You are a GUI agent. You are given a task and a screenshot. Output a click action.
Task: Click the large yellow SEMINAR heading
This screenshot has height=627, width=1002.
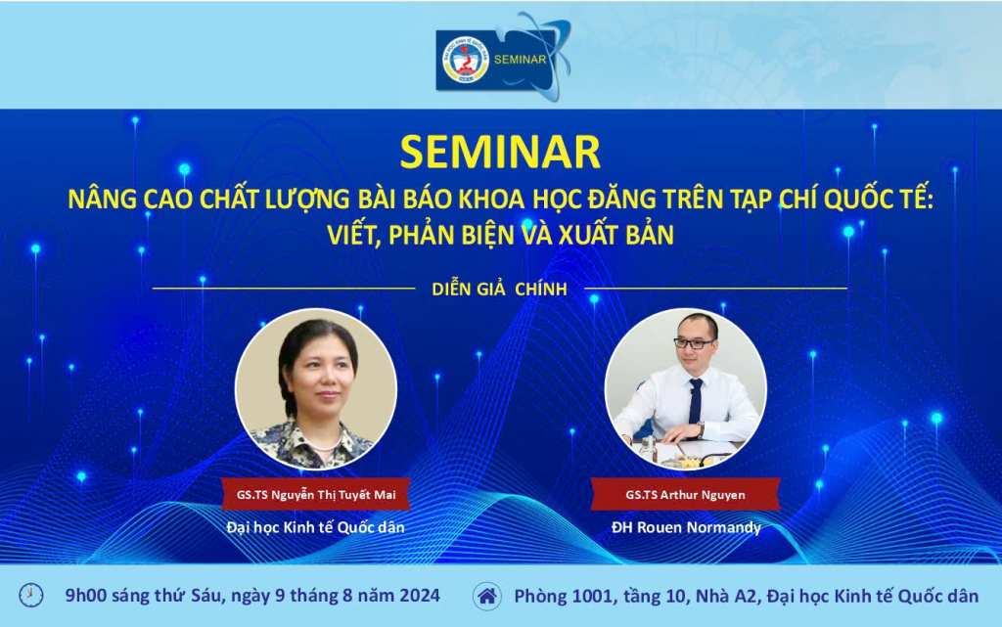(x=500, y=152)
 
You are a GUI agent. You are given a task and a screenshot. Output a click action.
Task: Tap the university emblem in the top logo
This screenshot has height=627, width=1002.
(x=466, y=60)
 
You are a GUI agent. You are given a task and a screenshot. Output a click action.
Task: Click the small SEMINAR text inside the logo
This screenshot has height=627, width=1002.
(x=521, y=60)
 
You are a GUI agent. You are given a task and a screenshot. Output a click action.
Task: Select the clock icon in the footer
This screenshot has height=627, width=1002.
(x=30, y=595)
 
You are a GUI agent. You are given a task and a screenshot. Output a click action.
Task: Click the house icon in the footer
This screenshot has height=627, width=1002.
(x=487, y=596)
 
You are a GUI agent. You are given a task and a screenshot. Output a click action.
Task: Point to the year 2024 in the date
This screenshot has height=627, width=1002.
(x=420, y=595)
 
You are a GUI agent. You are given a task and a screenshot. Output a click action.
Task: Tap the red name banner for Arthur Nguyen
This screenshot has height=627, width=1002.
(x=686, y=494)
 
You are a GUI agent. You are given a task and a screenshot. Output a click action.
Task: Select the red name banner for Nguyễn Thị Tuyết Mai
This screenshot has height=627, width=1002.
(x=316, y=494)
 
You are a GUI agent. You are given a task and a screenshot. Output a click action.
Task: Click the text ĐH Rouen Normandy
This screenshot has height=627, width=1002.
(x=686, y=527)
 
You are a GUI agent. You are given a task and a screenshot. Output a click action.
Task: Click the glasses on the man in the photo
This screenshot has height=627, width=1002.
(x=694, y=343)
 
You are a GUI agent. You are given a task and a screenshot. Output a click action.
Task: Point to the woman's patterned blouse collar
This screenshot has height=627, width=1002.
(x=314, y=440)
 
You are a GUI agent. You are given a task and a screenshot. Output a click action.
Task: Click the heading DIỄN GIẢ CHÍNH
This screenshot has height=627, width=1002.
(x=500, y=290)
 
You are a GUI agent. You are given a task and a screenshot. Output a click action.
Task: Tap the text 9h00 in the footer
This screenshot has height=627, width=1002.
(x=86, y=595)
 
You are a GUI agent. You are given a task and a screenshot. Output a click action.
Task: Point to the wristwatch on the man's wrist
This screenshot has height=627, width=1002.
(x=701, y=429)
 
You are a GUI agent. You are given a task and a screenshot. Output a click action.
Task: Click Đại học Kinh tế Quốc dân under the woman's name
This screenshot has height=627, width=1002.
(x=316, y=527)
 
